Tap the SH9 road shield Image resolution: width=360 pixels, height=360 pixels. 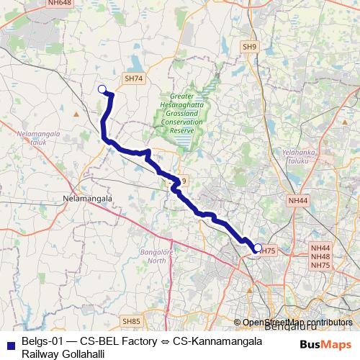tap(250, 47)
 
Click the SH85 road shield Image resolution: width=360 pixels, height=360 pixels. tap(131, 321)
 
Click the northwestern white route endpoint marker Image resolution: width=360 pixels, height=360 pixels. tap(102, 89)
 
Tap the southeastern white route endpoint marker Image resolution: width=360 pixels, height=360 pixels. tap(258, 248)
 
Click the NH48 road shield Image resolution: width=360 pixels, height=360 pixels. tap(320, 256)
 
